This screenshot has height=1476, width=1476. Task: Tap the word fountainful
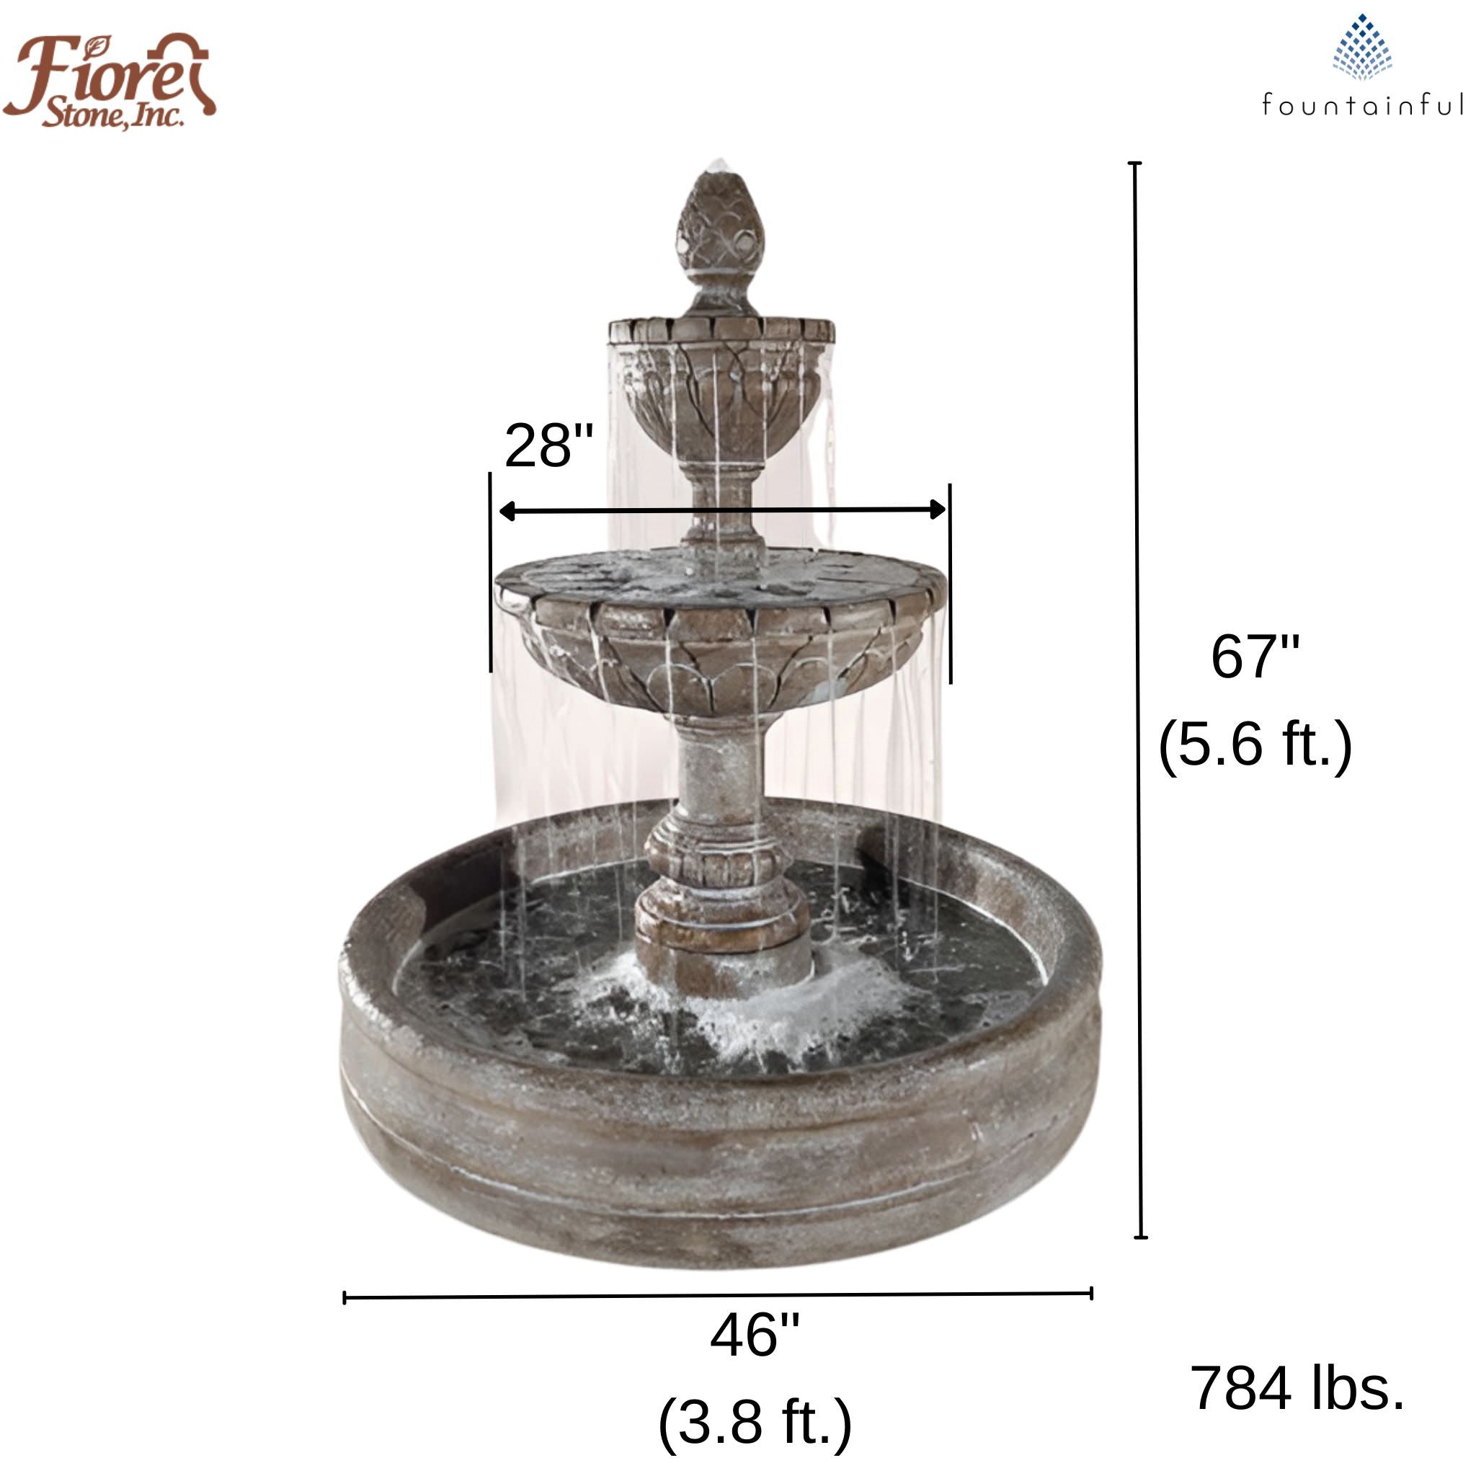(1362, 105)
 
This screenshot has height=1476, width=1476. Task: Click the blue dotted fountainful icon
(1362, 48)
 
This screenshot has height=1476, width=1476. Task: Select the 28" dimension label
(548, 446)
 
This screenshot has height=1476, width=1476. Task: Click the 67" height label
(1255, 657)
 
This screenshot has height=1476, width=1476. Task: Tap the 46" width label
(754, 1335)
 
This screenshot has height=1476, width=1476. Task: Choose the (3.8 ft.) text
(754, 1422)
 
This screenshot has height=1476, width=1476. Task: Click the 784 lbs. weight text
(1297, 1388)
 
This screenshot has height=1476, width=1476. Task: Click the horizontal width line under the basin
(717, 1296)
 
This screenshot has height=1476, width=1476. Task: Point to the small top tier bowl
(721, 382)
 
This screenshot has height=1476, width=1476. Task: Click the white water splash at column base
(734, 1008)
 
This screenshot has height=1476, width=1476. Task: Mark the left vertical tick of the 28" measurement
(489, 573)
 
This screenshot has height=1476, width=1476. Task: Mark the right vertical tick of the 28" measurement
(951, 584)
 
